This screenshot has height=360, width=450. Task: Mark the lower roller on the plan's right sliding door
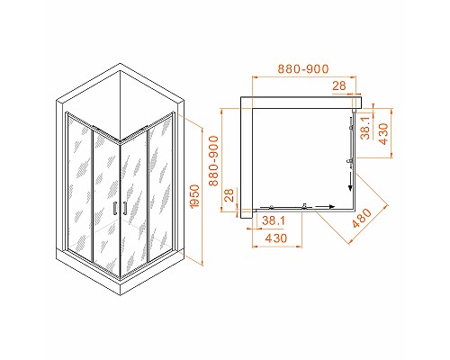pyautogui.click(x=347, y=162)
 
